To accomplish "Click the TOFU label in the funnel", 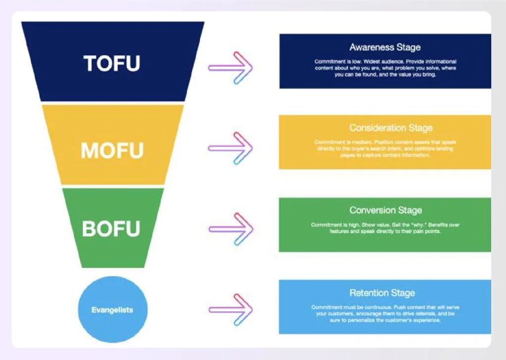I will click(x=112, y=63).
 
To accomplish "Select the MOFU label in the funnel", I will click(x=112, y=150).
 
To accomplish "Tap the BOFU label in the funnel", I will click(x=111, y=229).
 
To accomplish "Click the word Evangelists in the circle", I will click(x=112, y=310).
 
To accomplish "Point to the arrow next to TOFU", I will click(x=230, y=67).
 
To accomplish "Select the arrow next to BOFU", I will click(x=231, y=229).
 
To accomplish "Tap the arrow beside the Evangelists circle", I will click(x=231, y=310).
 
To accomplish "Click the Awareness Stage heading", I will click(x=385, y=47).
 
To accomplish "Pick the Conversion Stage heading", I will click(x=385, y=210).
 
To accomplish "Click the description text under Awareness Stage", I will click(x=385, y=69).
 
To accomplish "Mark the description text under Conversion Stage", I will click(x=385, y=228).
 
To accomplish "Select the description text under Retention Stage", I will click(x=385, y=314).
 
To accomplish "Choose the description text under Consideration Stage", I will click(x=385, y=149).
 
